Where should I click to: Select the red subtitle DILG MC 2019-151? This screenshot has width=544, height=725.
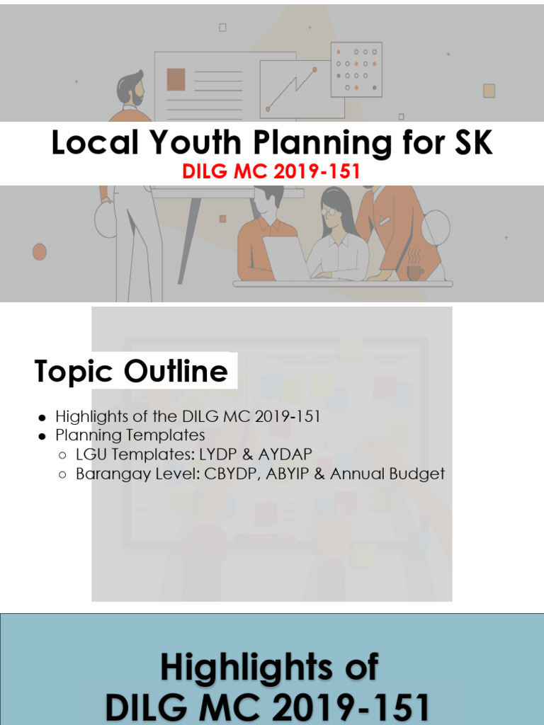(271, 172)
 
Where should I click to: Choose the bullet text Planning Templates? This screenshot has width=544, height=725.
(130, 435)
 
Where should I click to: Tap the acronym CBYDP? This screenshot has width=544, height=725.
(236, 474)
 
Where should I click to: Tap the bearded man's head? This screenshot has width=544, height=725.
(131, 89)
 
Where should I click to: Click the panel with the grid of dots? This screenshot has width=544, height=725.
(356, 69)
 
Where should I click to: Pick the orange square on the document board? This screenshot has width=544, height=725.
(176, 79)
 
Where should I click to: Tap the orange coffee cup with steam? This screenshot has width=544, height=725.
(414, 272)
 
